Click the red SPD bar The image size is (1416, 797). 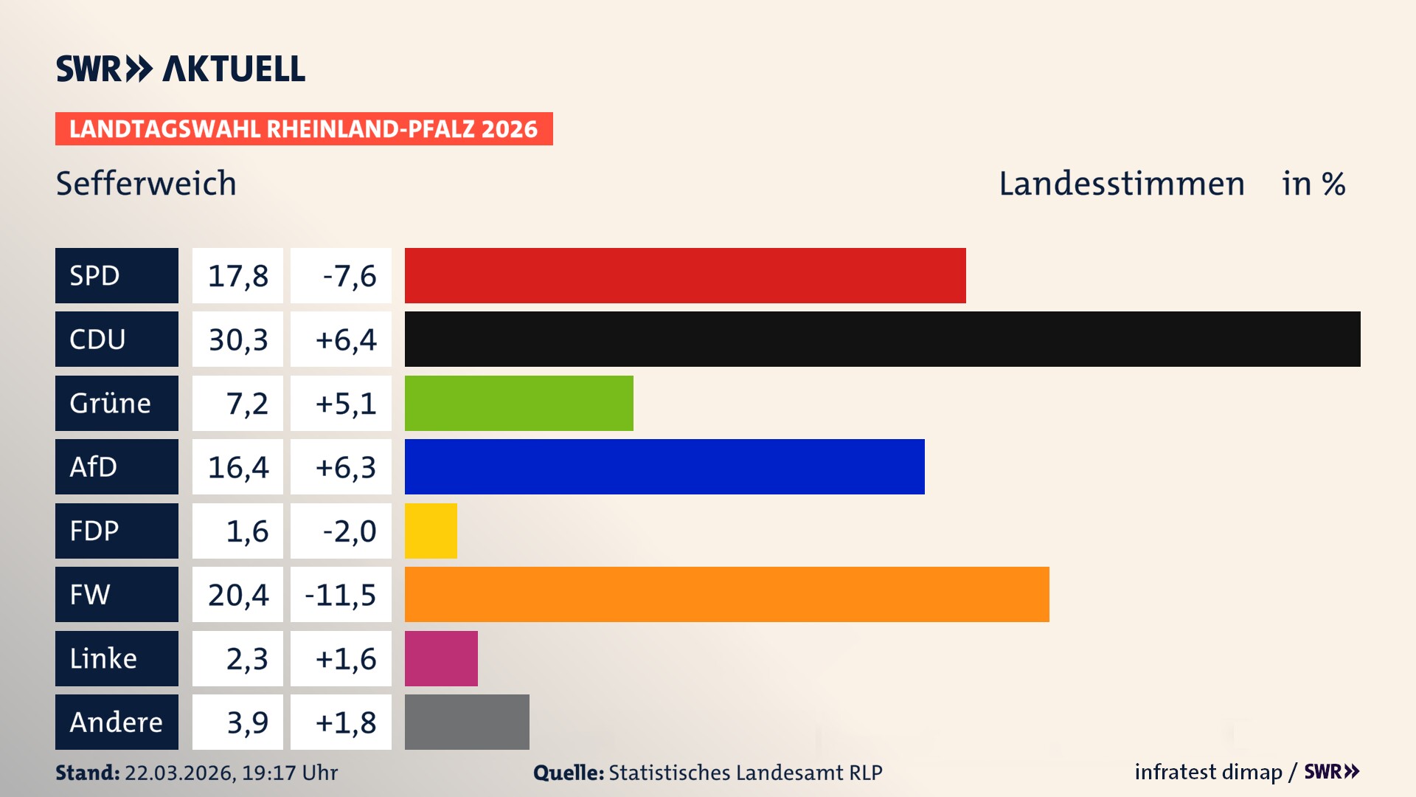685,275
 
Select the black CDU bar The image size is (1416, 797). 882,339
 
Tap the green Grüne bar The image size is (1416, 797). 518,403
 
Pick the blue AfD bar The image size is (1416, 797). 664,466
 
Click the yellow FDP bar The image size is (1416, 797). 431,531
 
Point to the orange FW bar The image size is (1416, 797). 726,594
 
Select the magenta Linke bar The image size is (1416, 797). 441,658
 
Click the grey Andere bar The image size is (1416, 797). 467,722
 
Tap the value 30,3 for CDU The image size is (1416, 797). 237,339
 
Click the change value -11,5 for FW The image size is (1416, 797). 341,595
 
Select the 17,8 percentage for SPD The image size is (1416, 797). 237,276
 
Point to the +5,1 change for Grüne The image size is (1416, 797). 345,404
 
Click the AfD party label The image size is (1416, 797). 94,467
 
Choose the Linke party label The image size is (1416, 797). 103,658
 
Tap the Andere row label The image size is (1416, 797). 116,722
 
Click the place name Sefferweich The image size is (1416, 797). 146,184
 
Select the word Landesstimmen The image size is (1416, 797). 1121,184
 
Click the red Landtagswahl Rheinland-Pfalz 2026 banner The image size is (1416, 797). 303,129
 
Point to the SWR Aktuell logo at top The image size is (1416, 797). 180,69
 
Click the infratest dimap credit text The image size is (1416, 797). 1208,772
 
